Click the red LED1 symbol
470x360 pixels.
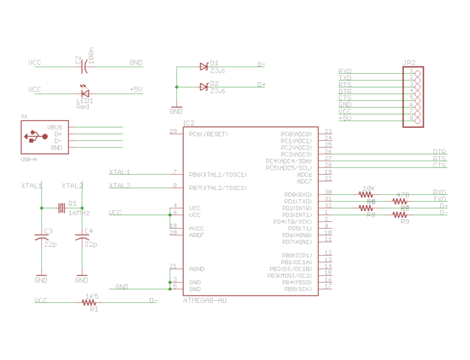[x=85, y=92]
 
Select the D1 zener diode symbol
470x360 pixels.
[x=203, y=67]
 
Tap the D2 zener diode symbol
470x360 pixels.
[x=203, y=87]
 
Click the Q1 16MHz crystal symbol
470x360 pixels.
[x=61, y=208]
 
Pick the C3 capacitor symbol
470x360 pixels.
[x=41, y=239]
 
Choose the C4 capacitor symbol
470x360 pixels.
[x=82, y=239]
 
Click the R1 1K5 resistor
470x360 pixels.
[x=92, y=303]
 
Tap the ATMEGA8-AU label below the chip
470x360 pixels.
[x=205, y=300]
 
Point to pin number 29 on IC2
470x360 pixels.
[x=173, y=131]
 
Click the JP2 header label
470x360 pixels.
[x=409, y=62]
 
